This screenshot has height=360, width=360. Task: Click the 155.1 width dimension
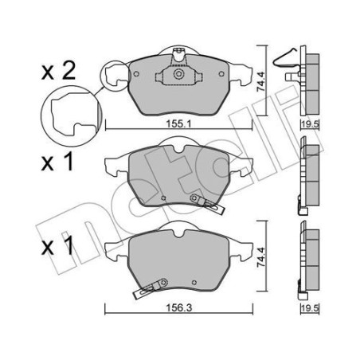pos(178,123)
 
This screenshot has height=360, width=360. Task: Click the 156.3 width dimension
pos(178,307)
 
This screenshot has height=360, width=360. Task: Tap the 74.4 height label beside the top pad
pos(261,81)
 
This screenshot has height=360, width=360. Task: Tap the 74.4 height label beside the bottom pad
pos(261,257)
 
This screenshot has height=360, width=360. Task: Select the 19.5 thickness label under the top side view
pos(310,123)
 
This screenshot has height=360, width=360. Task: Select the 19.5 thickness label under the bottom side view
pos(310,308)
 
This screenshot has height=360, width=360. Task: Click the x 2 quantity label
pos(58,72)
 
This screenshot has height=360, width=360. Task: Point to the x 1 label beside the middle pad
pos(57,162)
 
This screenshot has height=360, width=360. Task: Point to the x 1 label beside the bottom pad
pos(57,246)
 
